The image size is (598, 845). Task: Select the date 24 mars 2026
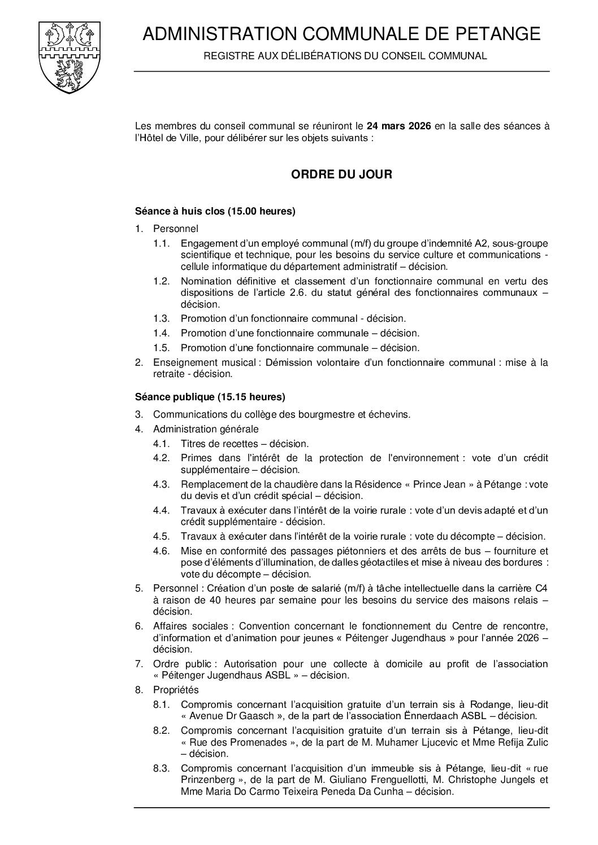pyautogui.click(x=398, y=126)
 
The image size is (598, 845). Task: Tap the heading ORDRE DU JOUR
pyautogui.click(x=341, y=174)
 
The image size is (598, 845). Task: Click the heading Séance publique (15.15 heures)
pyautogui.click(x=210, y=396)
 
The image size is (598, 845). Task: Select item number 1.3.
pyautogui.click(x=161, y=319)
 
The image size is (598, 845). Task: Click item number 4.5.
pyautogui.click(x=161, y=536)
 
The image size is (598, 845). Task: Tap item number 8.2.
pyautogui.click(x=161, y=730)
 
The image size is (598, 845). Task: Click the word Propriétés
pyautogui.click(x=176, y=690)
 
